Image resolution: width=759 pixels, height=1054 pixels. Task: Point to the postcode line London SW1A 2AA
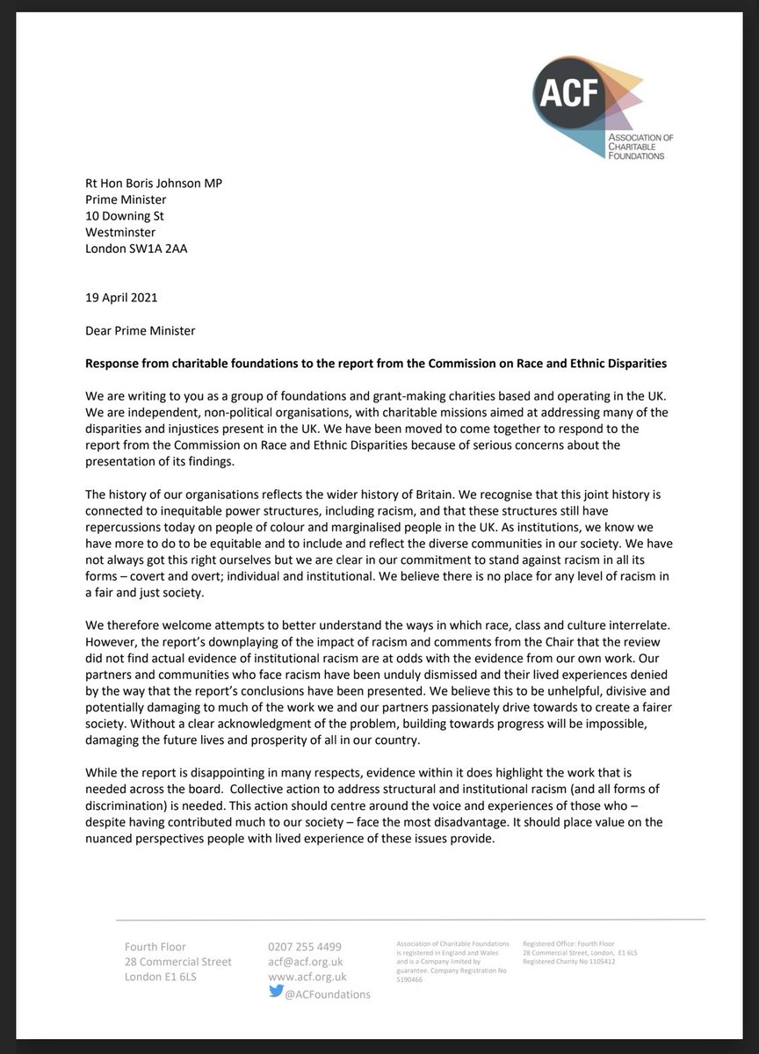coord(135,248)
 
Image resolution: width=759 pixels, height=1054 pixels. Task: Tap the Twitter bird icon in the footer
coord(276,992)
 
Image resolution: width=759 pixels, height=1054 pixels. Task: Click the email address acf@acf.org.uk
coord(307,962)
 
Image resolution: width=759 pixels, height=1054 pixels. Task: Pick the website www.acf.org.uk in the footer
coord(307,977)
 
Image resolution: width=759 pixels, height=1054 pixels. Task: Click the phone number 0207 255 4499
coord(305,946)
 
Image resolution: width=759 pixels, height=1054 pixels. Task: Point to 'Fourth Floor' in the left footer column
coord(155,946)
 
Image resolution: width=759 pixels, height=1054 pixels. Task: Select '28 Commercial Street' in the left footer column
coord(178,962)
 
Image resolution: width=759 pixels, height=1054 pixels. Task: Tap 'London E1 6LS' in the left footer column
coord(161,977)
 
